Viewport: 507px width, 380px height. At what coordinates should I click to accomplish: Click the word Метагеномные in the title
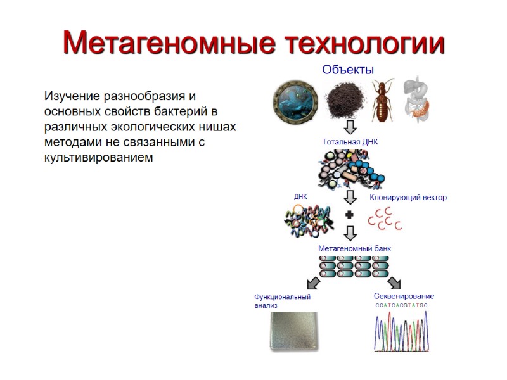(168, 43)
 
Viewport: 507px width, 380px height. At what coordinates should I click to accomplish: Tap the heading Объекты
(347, 70)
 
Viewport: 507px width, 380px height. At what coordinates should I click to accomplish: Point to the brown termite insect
(383, 101)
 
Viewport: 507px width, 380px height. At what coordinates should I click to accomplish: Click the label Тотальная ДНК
(350, 142)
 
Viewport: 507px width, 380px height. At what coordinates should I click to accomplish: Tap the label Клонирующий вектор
(408, 198)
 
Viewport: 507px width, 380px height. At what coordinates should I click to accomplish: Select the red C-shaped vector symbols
(385, 218)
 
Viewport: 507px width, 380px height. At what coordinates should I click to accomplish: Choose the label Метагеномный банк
(354, 248)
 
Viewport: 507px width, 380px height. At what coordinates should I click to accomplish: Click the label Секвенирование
(404, 296)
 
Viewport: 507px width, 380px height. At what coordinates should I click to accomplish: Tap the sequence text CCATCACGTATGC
(401, 305)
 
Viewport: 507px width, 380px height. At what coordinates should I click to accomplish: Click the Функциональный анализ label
(282, 301)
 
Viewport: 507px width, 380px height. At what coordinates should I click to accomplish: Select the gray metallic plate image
(291, 332)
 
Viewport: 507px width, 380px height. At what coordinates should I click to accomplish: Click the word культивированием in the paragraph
(98, 157)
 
